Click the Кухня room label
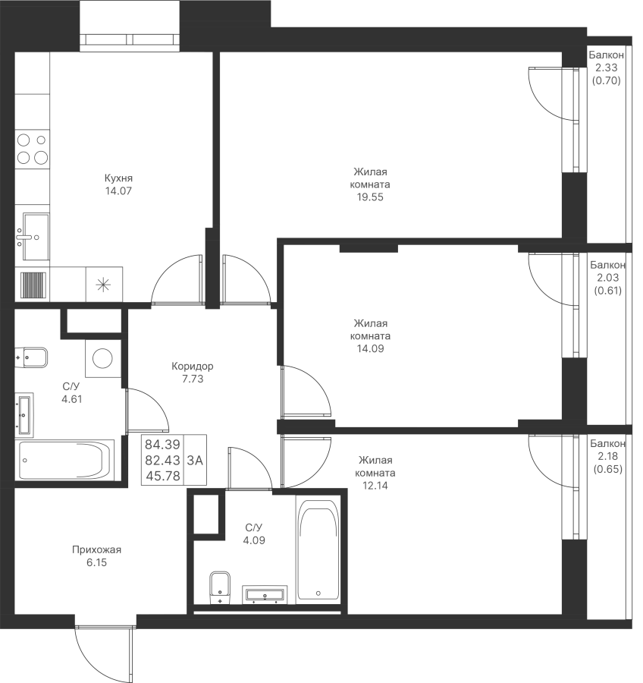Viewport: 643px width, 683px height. point(118,178)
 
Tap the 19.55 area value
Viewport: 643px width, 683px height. point(370,197)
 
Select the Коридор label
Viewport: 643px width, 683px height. point(193,366)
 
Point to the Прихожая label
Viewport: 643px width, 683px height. point(96,549)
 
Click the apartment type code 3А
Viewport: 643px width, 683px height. point(195,460)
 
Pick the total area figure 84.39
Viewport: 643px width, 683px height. point(162,444)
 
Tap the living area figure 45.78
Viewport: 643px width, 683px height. point(163,476)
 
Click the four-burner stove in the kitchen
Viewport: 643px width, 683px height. point(32,149)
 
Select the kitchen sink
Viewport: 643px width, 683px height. point(32,237)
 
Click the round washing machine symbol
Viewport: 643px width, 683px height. point(102,358)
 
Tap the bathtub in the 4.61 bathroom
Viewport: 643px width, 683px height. point(64,460)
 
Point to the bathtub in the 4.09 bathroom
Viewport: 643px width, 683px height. point(318,549)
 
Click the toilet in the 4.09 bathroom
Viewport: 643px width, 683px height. point(220,587)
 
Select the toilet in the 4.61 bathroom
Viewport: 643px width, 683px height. point(31,357)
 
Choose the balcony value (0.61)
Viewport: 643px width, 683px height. point(607,291)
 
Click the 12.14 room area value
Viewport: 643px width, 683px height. point(375,486)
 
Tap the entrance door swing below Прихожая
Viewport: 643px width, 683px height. point(104,650)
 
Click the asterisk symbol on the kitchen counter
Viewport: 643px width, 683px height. point(104,285)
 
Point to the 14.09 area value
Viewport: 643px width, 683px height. point(370,349)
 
